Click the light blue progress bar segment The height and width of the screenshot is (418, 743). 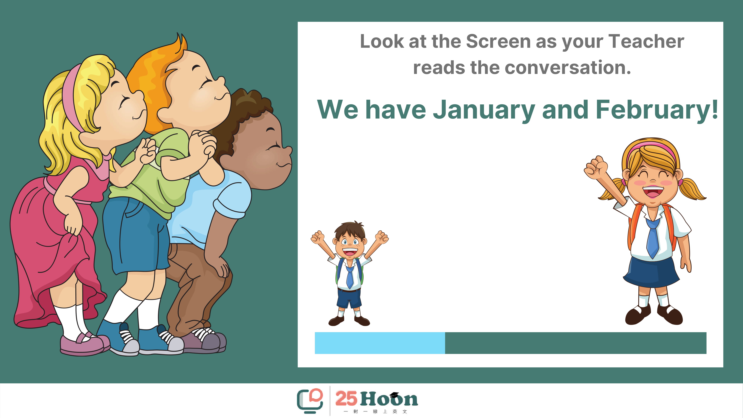tap(380, 343)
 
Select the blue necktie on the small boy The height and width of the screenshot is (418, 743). tap(350, 277)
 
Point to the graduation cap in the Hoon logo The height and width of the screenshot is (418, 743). tap(394, 395)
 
